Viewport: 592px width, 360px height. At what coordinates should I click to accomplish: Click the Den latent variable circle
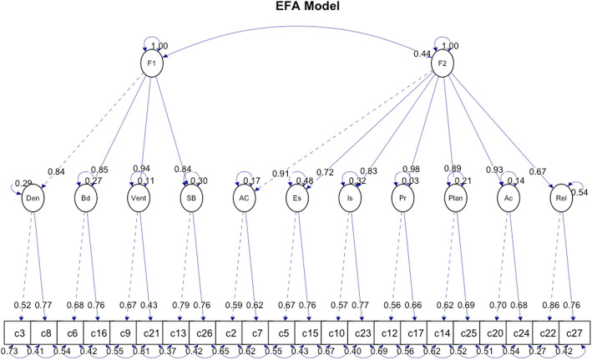pos(33,200)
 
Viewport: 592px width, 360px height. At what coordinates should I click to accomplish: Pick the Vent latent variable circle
pos(139,200)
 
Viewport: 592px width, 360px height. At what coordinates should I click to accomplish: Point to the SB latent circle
pos(191,200)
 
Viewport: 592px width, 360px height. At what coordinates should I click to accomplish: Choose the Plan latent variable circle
pos(455,200)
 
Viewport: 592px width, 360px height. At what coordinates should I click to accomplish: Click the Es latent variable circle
pos(297,200)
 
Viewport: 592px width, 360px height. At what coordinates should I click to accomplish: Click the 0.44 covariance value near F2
pos(421,54)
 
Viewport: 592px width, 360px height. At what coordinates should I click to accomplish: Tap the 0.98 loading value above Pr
pos(409,170)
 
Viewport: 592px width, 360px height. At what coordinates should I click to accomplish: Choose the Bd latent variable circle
pos(86,200)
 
